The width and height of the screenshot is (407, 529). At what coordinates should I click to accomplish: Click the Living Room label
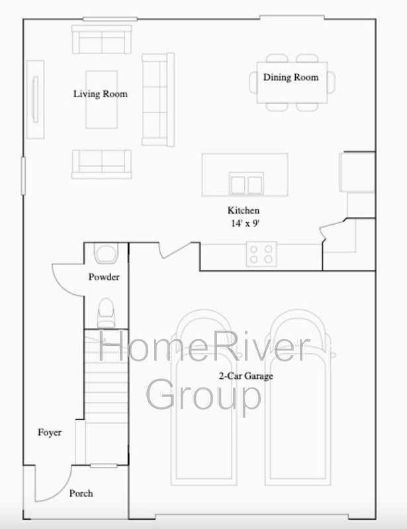(x=101, y=94)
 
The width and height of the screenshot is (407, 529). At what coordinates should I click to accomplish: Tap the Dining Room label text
(x=291, y=77)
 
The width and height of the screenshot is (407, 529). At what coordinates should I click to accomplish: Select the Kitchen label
(x=244, y=210)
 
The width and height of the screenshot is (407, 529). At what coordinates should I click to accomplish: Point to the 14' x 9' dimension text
(x=246, y=223)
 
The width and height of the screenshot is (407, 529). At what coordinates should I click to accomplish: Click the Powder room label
(x=104, y=277)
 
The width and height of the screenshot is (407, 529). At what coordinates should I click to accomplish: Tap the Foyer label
(x=50, y=432)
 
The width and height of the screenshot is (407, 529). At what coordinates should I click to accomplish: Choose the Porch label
(x=81, y=493)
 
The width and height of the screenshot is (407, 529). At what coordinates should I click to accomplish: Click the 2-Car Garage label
(x=246, y=376)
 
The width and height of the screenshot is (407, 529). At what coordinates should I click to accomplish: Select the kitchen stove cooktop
(x=261, y=255)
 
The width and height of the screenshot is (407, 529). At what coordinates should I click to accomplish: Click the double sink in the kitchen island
(x=246, y=184)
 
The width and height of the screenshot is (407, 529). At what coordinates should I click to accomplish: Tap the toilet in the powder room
(x=106, y=313)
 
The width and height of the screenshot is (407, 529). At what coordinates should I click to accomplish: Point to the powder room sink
(x=106, y=254)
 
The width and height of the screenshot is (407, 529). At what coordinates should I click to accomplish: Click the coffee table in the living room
(x=102, y=100)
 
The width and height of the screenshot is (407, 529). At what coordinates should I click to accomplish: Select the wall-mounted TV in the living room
(x=35, y=100)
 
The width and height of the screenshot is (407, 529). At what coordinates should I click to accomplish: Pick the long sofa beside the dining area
(x=158, y=100)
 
